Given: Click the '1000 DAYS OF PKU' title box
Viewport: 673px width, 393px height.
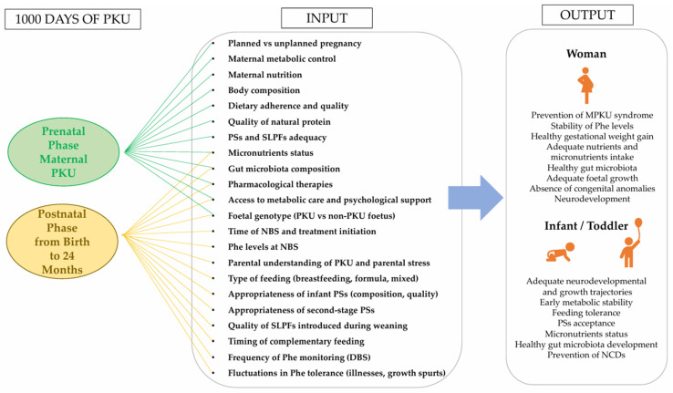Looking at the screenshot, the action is [73, 19].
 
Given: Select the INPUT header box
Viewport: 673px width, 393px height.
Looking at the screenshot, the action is [326, 18].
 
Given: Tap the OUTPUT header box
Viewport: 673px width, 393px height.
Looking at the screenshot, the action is [587, 15].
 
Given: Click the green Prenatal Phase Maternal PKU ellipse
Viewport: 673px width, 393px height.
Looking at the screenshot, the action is [64, 152].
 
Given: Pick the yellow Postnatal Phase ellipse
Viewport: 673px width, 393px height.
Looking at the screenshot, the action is [62, 242].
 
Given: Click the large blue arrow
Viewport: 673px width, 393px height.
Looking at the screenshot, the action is [475, 198].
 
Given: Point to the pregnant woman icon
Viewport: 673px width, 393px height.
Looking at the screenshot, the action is [585, 86].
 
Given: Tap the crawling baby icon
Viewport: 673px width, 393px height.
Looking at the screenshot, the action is [560, 253].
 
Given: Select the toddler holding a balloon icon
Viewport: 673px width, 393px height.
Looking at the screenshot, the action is [631, 243].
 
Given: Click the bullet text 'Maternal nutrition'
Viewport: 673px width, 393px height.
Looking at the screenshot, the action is [264, 75].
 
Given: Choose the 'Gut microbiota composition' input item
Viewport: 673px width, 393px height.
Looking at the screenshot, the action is [284, 169].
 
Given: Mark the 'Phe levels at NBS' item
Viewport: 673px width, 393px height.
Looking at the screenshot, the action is [264, 247].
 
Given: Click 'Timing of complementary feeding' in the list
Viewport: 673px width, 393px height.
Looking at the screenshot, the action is [296, 341].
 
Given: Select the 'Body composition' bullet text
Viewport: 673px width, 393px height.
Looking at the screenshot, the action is [264, 90].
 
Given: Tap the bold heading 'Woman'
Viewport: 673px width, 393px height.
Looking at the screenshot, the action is [586, 54].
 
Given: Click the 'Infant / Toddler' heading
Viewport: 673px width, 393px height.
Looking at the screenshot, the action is [586, 225].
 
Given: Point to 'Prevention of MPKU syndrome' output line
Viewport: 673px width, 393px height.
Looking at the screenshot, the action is [592, 115].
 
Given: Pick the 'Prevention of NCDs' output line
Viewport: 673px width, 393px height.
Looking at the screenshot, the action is [586, 355].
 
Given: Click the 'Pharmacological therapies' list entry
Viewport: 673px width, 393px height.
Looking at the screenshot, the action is [280, 184].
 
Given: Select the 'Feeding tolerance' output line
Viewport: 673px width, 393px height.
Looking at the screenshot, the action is [586, 313].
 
